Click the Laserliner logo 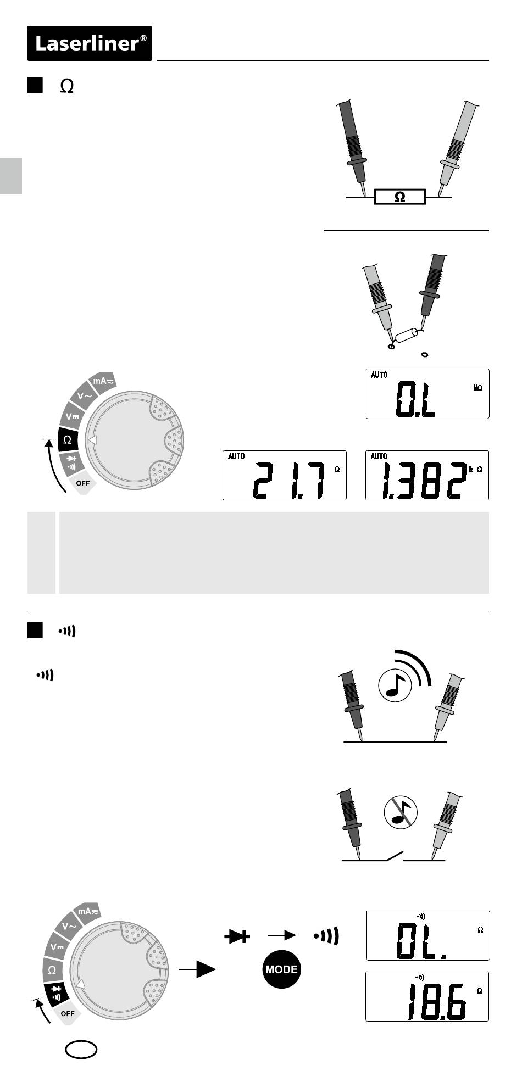[90, 43]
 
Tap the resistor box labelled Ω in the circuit [400, 197]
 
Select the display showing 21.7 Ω [285, 475]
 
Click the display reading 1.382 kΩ [427, 475]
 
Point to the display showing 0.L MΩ [427, 394]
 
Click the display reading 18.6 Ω [427, 996]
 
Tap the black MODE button [281, 969]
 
